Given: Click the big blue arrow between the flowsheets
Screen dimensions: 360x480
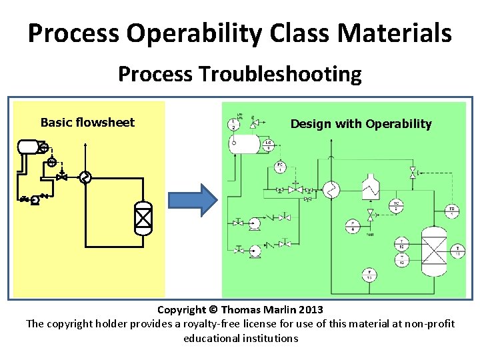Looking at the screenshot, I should click(192, 199).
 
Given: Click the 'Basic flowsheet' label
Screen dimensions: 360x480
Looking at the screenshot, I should click(87, 122).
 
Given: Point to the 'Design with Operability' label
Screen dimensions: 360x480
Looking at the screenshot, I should click(361, 123).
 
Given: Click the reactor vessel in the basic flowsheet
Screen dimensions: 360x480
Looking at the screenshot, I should click(143, 218).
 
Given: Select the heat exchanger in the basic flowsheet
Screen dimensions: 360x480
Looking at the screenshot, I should click(85, 177).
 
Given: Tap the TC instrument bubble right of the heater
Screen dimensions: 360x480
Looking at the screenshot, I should click(396, 206).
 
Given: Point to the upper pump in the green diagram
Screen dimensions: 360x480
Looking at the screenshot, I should click(255, 223).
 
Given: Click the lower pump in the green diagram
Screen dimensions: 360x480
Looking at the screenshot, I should click(254, 250).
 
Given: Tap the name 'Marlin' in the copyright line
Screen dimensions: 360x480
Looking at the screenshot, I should click(281, 309).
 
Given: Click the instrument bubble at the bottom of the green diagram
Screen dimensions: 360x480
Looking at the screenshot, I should click(367, 274).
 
